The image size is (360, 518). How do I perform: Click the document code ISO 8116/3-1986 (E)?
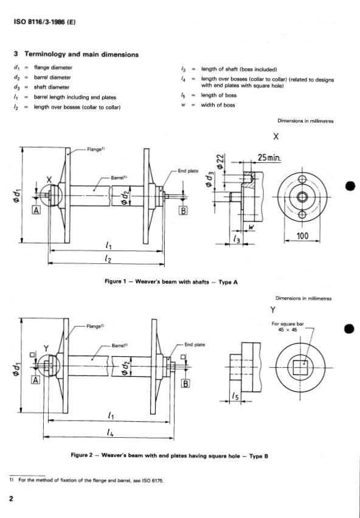point(44,22)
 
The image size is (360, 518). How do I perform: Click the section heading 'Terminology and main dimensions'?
point(81,55)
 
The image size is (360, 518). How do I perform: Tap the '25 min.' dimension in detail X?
point(269,157)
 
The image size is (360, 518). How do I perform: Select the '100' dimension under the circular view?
point(302,236)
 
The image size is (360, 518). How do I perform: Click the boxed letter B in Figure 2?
point(186,384)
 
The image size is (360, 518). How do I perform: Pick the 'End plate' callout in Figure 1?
point(188,171)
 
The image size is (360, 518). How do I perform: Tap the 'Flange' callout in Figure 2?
point(95,326)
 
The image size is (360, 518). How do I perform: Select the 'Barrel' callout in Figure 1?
point(119,178)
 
